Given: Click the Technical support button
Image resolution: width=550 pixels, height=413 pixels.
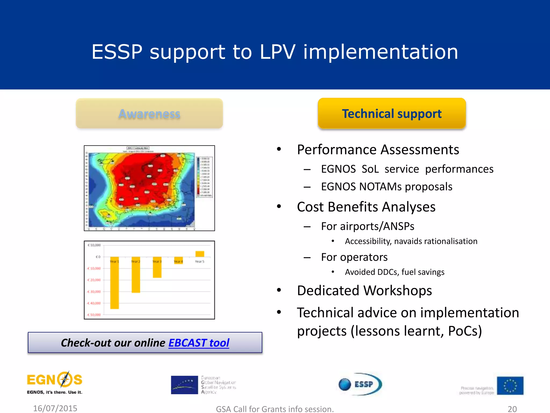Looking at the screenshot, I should point(392,113).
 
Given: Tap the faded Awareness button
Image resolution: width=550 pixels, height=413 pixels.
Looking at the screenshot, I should point(149,113).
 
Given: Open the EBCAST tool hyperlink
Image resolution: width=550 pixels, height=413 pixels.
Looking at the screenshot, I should point(199,343).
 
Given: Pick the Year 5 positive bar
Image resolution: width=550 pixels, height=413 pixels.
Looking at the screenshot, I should point(200,254).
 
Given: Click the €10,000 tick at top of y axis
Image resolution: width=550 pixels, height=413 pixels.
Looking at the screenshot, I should point(94,245).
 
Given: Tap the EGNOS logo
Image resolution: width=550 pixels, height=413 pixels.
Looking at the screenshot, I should point(55,383).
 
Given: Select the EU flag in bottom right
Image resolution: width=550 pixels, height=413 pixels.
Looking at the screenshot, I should point(510,386).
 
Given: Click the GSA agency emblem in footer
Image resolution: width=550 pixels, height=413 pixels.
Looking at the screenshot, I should point(184,385).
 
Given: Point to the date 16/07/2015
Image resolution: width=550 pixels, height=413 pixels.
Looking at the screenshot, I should point(55,408).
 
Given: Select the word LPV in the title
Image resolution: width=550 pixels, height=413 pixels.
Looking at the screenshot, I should point(278,52).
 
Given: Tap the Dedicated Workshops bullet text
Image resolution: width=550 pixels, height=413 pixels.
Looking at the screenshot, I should point(364,290).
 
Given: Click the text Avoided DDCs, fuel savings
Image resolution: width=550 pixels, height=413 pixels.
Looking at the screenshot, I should point(395,272).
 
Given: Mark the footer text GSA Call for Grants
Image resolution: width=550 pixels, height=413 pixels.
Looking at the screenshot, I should point(275,409).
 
